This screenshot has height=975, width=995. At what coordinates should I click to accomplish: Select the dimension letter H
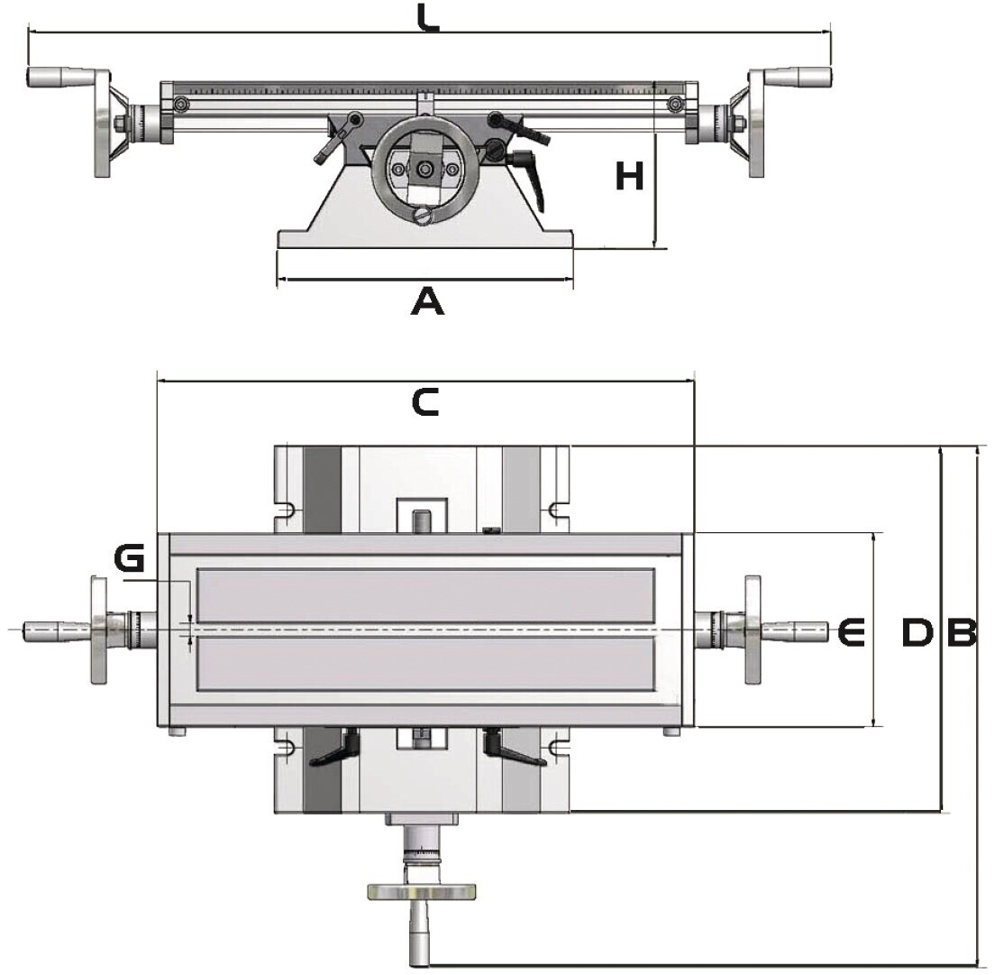(629, 176)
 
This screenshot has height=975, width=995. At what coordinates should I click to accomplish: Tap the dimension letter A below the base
(427, 301)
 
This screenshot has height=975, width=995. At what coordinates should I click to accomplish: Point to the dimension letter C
(424, 402)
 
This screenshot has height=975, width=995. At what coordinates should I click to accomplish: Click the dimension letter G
(129, 560)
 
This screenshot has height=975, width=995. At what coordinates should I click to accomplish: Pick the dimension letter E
(850, 632)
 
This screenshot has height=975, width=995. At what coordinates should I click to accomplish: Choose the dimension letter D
(917, 633)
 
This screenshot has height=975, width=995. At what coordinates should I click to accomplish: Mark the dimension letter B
(961, 633)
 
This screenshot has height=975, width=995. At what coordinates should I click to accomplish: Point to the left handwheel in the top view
(97, 630)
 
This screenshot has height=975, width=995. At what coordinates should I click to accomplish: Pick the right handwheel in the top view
(752, 630)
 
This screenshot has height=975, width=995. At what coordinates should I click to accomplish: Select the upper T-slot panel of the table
(425, 595)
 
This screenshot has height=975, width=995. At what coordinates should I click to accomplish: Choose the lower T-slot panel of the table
(425, 664)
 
